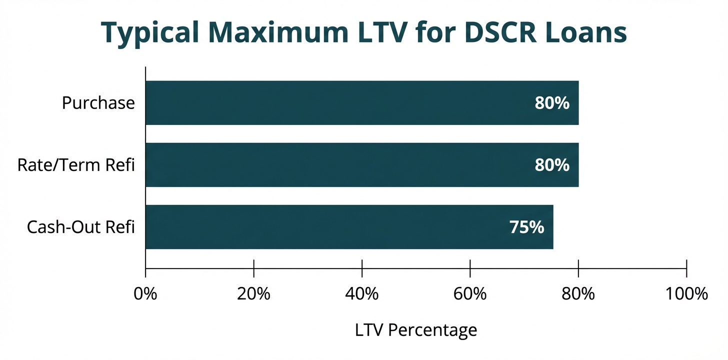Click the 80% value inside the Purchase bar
click(x=552, y=103)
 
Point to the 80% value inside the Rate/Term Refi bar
click(x=552, y=165)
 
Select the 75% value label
click(x=526, y=227)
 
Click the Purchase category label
click(x=98, y=103)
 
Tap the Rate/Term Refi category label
click(x=76, y=165)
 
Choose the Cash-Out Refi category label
click(x=81, y=227)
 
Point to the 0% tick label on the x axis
click(x=145, y=294)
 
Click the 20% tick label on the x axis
click(x=254, y=294)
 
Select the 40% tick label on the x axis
click(x=362, y=294)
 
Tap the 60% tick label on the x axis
click(x=470, y=294)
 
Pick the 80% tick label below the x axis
click(x=578, y=294)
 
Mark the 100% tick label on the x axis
click(x=686, y=294)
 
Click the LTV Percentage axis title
click(x=416, y=330)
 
